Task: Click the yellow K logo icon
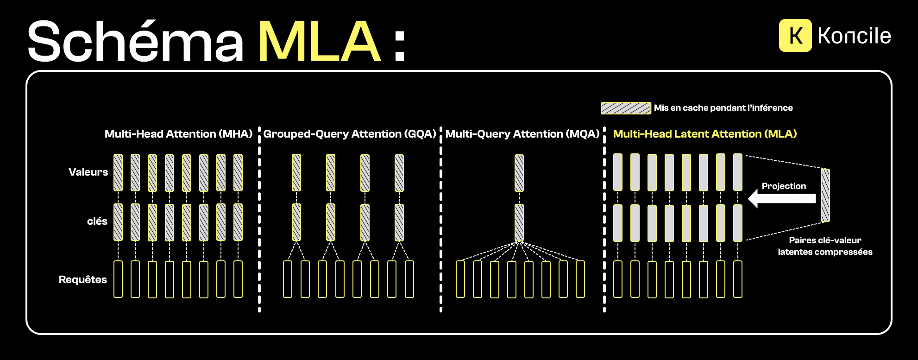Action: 795,35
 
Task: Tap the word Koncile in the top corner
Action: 854,36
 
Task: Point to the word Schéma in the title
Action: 135,42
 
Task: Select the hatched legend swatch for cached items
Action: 626,108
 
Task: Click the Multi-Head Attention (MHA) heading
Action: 178,134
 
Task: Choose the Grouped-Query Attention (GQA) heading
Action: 350,134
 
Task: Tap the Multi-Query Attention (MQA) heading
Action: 522,134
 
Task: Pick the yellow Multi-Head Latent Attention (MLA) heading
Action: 704,134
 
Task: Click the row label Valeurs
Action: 88,172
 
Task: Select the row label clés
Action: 97,221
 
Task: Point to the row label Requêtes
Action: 82,279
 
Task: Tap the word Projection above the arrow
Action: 784,186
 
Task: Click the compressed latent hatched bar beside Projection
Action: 825,195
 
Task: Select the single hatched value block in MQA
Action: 519,173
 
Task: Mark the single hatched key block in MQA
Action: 519,222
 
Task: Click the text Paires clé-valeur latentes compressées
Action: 825,246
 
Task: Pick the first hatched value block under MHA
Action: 118,172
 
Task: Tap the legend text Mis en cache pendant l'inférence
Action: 723,108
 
